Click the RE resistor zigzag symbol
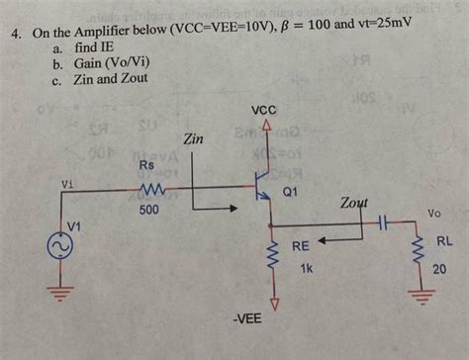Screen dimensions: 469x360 coord(267,263)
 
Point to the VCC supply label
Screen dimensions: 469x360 coord(264,112)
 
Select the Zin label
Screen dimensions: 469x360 coord(194,140)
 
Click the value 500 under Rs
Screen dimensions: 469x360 coord(149,211)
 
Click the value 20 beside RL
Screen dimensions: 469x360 coord(438,267)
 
